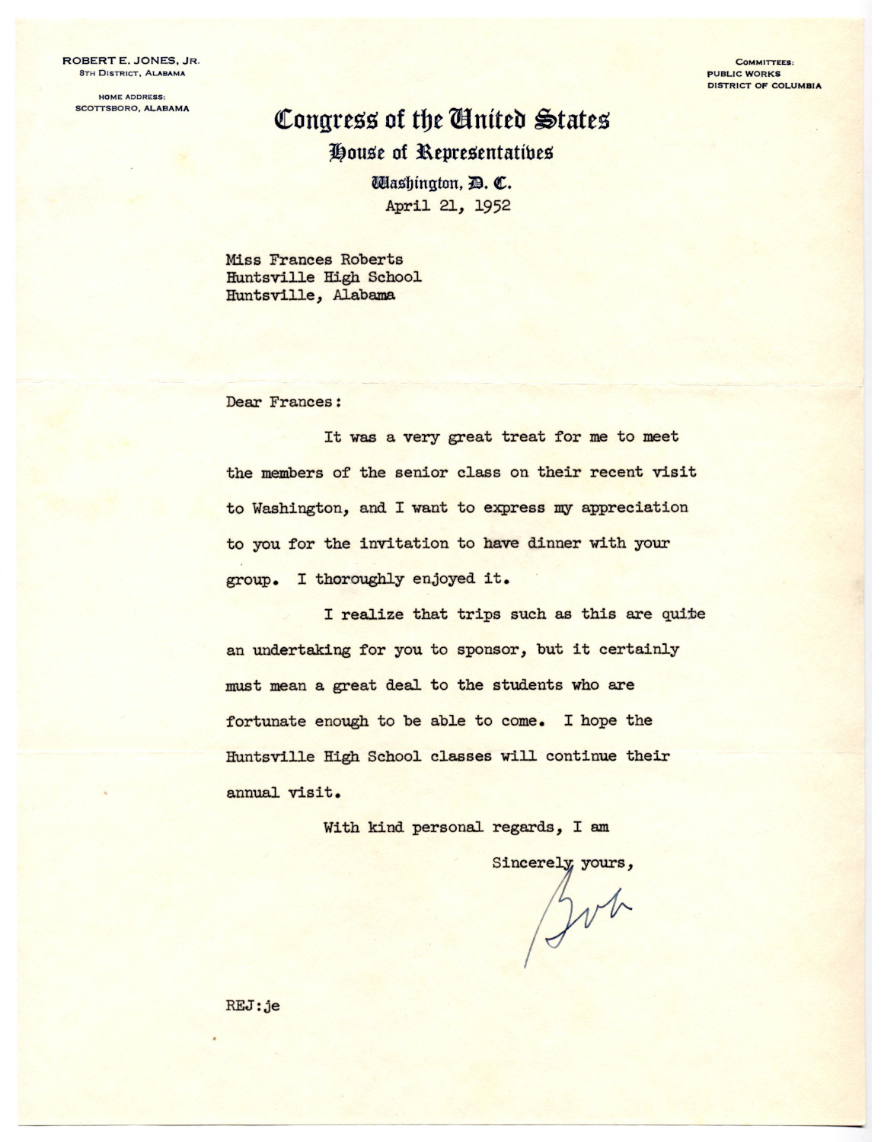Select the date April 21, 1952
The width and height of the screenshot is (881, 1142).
coord(448,206)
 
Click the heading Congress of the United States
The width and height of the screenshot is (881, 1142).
coord(442,120)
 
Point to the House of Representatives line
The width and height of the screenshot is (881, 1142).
coord(441,152)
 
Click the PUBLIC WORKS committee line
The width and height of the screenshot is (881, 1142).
coord(743,74)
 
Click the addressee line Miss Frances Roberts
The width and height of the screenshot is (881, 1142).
coord(314,260)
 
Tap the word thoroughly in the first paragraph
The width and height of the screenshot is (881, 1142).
coord(359,579)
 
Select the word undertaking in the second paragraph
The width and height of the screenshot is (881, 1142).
coord(319,650)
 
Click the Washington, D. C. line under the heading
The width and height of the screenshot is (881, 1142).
coord(441,183)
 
